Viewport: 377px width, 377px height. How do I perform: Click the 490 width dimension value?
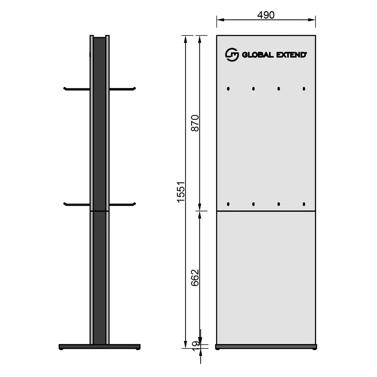266,15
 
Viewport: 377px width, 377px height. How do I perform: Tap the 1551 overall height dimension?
181,192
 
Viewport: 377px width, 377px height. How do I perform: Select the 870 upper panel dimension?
195,123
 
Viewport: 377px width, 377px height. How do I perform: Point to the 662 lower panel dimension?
195,277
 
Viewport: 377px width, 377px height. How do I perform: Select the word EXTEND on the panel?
291,55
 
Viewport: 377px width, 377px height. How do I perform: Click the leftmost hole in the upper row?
228,89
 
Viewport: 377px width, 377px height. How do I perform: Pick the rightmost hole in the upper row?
304,89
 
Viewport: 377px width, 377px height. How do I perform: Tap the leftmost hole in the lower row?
228,205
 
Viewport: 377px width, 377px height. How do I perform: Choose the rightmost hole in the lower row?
304,205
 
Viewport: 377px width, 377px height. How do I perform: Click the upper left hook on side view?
76,89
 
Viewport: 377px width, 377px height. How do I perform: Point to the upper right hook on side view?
123,89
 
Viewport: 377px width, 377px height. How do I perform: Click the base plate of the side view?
99,347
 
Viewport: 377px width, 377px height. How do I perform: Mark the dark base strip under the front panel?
266,347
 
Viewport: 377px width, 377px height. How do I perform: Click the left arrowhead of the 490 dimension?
219,19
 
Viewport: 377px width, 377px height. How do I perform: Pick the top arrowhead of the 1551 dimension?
185,38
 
